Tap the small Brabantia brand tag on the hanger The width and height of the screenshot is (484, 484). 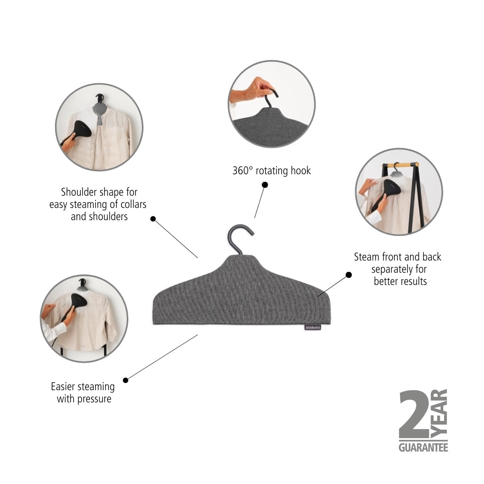tap(312, 327)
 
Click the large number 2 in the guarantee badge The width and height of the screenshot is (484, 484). tap(415, 415)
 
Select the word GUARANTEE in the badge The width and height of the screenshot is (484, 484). tap(423, 447)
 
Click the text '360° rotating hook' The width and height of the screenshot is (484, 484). tap(271, 170)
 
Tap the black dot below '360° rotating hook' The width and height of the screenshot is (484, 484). tap(265, 184)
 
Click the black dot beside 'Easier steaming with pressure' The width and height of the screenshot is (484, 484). tap(125, 380)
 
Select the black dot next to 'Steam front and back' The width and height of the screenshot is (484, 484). tap(348, 275)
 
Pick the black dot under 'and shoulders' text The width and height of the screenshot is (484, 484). tap(153, 218)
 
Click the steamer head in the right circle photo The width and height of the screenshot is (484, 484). tap(387, 187)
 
